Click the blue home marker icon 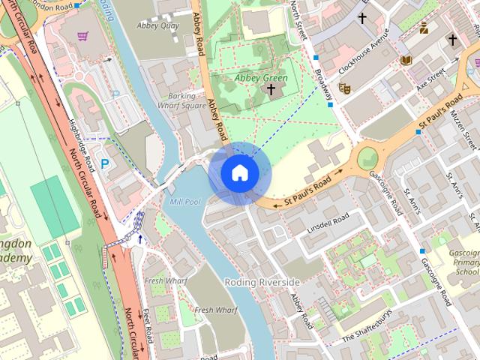(239, 172)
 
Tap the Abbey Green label (261, 77)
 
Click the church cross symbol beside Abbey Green (271, 91)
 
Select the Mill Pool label (185, 202)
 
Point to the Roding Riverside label (262, 281)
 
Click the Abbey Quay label (157, 25)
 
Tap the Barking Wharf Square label (181, 100)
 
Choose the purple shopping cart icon (82, 35)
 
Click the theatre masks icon (345, 88)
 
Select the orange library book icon (406, 60)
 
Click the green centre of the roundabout (367, 158)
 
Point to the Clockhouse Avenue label (365, 52)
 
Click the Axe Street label (431, 78)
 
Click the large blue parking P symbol (105, 163)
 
